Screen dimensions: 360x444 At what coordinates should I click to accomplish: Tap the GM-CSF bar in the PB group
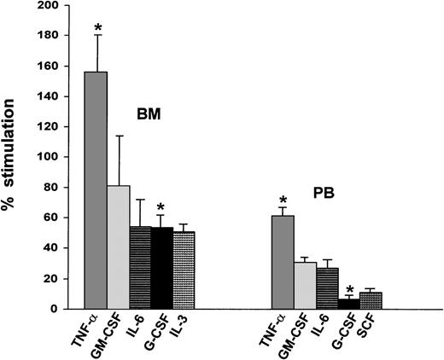pos(305,285)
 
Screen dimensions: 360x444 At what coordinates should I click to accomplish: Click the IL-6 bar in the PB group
pos(326,288)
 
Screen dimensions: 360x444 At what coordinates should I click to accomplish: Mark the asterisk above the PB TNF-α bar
pos(283,200)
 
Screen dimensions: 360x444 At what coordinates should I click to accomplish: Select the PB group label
pos(346,193)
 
